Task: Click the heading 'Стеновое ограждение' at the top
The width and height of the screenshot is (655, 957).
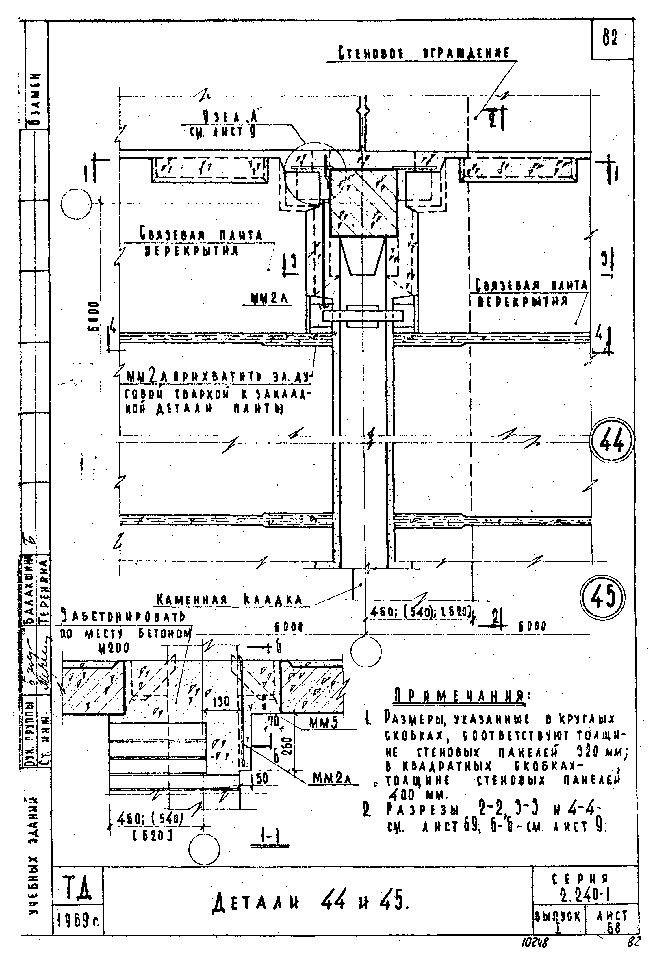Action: pos(424,53)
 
